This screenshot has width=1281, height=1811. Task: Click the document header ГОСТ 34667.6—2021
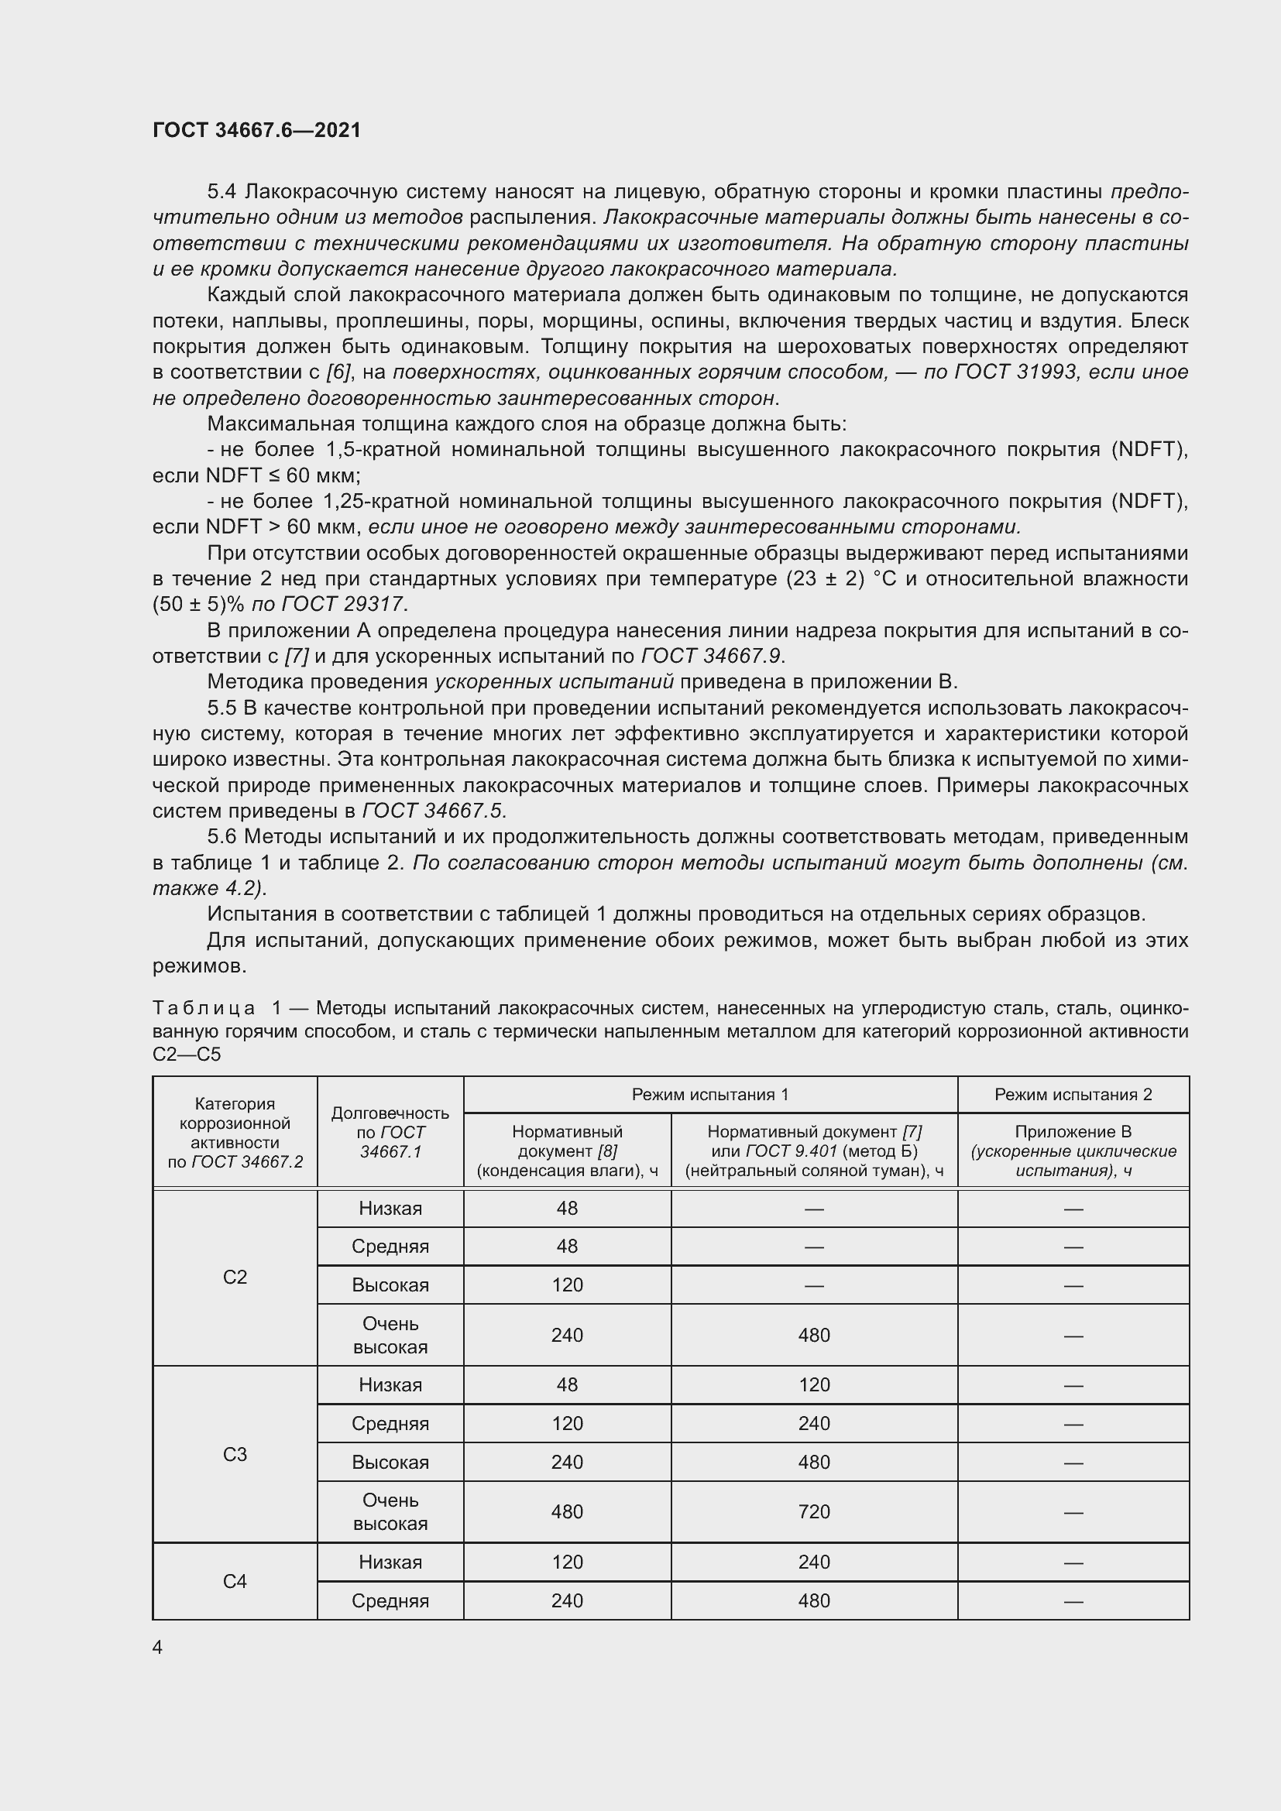click(256, 130)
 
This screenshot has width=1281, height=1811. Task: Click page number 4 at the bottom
click(158, 1647)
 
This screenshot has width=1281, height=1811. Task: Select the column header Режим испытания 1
click(710, 1094)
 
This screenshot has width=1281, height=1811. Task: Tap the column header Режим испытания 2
click(1073, 1094)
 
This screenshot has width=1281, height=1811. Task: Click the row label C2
click(235, 1277)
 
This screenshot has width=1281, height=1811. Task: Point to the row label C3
click(235, 1454)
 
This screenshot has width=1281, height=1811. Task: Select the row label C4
click(235, 1581)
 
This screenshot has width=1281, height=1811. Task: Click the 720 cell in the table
click(814, 1511)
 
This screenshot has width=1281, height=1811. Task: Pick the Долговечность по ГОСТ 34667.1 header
click(390, 1132)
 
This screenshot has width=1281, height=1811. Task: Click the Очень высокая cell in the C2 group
click(390, 1335)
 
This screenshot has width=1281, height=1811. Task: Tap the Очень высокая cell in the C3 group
click(390, 1511)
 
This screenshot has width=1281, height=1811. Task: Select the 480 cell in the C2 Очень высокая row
click(814, 1335)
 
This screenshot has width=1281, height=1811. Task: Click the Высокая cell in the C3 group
click(390, 1462)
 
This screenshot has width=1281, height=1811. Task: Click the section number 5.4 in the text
click(222, 192)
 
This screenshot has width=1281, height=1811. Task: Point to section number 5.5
click(222, 708)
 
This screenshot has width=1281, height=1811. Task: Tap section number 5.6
click(222, 836)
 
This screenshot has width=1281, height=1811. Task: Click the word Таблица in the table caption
click(204, 1008)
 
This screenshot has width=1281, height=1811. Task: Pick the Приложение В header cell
click(1073, 1132)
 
